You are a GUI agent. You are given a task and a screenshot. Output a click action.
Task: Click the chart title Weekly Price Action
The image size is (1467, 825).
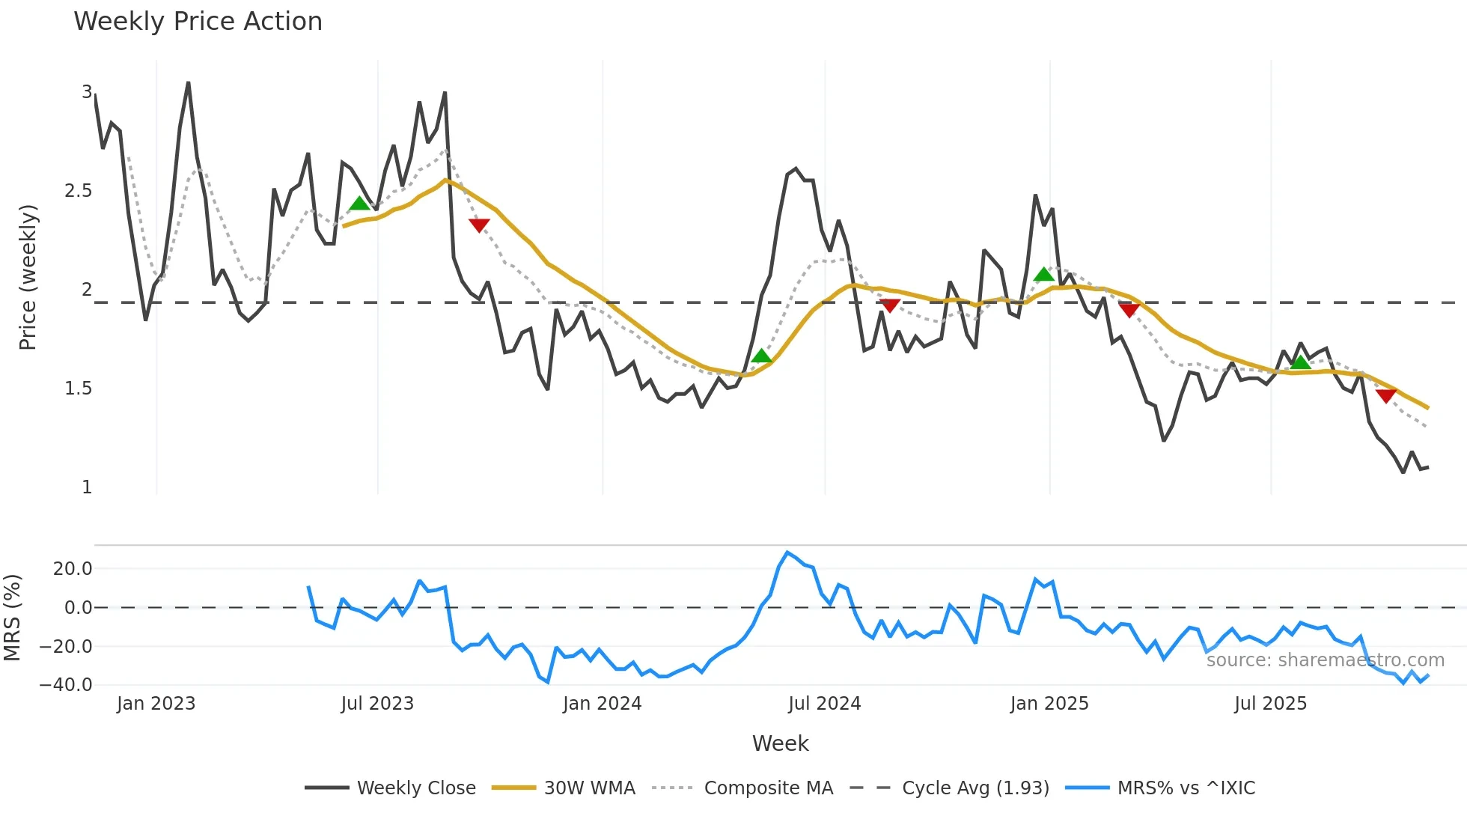[198, 22]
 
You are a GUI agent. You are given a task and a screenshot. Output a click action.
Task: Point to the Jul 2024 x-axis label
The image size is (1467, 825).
[824, 704]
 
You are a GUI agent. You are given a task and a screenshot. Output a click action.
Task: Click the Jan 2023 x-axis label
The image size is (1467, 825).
[156, 704]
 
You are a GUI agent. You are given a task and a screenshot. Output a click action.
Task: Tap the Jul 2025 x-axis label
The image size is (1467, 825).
[1270, 704]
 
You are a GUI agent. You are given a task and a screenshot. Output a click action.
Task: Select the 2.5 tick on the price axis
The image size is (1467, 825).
[78, 191]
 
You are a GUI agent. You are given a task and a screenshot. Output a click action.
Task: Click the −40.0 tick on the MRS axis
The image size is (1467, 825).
[66, 685]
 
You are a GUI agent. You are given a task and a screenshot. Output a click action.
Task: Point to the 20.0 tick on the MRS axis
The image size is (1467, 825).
[73, 569]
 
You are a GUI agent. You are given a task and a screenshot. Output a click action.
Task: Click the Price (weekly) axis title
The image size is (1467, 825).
[28, 277]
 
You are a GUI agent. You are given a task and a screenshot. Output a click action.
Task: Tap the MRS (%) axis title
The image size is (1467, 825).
[12, 618]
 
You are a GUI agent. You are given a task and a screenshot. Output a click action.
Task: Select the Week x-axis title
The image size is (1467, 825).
[780, 743]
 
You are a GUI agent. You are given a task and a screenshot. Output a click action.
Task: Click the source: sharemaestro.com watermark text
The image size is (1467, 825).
[1325, 660]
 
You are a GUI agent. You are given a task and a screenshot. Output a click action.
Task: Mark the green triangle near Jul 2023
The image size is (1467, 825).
[360, 204]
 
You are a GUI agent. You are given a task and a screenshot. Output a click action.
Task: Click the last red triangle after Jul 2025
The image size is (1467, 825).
[1385, 395]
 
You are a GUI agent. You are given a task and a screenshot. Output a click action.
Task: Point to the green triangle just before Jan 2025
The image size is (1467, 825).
[1043, 275]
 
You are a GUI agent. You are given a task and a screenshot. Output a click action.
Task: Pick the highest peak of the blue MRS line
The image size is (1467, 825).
[787, 552]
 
